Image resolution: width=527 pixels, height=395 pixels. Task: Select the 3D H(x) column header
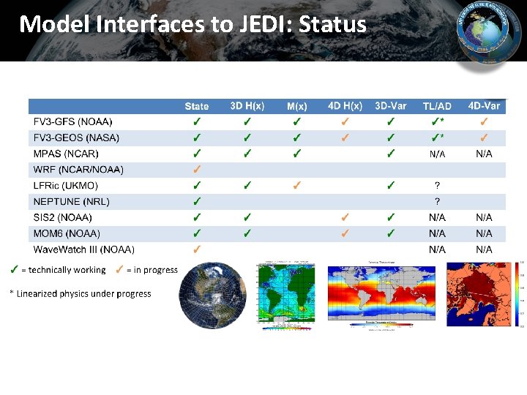(x=247, y=106)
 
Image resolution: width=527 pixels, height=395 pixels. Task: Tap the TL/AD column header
(x=436, y=106)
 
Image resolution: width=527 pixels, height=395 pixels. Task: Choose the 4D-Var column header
(x=484, y=106)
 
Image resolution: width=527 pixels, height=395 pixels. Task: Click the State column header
(x=196, y=106)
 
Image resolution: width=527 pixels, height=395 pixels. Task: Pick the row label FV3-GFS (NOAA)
(x=73, y=121)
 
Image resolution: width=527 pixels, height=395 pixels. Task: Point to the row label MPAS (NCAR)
(x=66, y=154)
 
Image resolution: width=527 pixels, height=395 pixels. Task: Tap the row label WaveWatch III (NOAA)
(x=83, y=249)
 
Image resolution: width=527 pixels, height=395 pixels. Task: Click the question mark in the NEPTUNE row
(x=437, y=202)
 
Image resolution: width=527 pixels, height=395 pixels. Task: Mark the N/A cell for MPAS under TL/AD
(x=437, y=154)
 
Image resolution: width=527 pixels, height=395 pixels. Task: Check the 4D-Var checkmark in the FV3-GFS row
(x=484, y=121)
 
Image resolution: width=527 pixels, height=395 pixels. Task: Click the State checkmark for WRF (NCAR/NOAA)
(x=196, y=170)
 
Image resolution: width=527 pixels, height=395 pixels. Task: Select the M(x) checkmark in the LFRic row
(x=296, y=186)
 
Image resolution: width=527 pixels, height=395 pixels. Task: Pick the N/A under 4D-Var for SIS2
(x=484, y=218)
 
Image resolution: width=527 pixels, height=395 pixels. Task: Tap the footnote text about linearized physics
(x=80, y=294)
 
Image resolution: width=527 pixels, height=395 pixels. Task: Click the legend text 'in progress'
(x=152, y=270)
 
